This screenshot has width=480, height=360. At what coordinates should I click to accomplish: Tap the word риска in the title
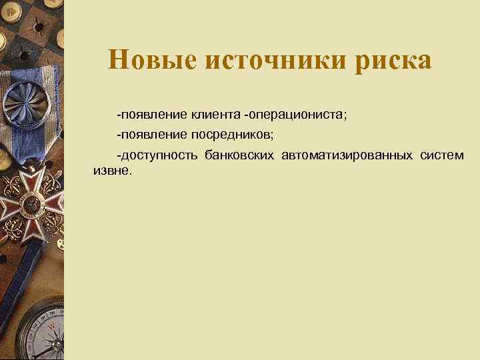click(x=393, y=61)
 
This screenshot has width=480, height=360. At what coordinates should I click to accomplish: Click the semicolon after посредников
click(x=271, y=136)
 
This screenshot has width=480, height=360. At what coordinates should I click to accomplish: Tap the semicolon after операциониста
click(x=345, y=115)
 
